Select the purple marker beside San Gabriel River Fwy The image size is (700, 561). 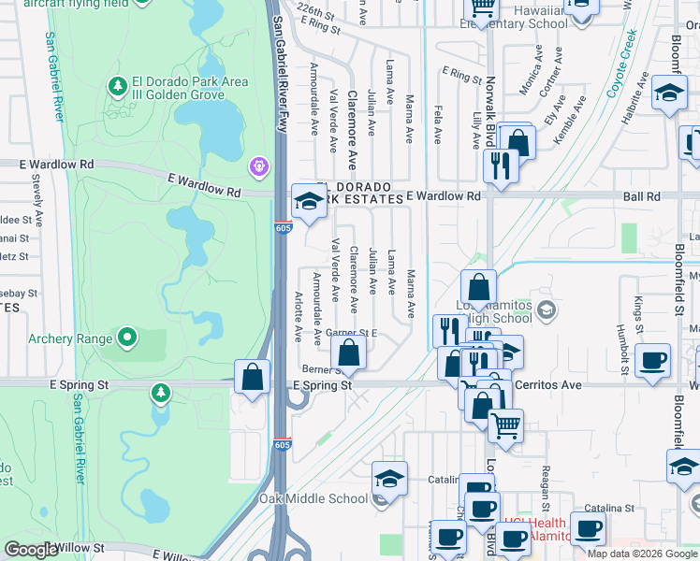[x=259, y=167]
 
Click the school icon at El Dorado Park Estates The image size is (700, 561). [x=309, y=199]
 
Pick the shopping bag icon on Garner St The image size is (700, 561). [x=348, y=353]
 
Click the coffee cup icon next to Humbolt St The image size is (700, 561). [x=651, y=360]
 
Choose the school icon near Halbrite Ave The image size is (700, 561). [x=668, y=93]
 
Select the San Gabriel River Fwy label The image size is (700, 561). [x=278, y=75]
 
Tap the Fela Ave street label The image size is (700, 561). [x=437, y=122]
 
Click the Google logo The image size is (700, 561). [x=31, y=550]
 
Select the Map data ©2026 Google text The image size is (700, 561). [x=642, y=554]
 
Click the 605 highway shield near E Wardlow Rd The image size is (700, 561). [x=284, y=227]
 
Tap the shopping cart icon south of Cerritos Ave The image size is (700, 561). [x=505, y=425]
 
